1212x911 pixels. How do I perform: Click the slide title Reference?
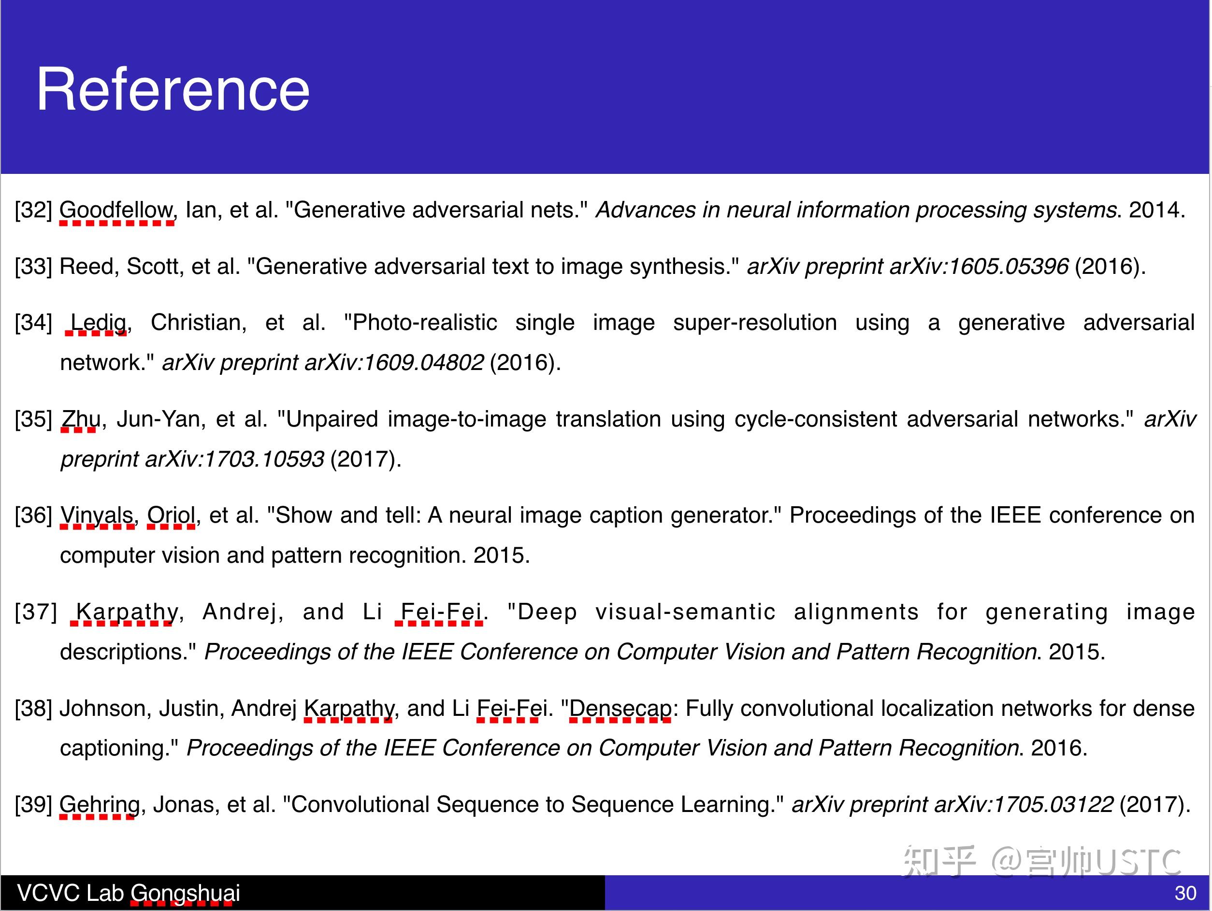coord(173,89)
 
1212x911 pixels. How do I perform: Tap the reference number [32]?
coord(33,210)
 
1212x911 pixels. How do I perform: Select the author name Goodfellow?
coord(116,210)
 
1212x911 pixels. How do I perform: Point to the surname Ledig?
coord(99,323)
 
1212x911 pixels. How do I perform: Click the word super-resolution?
coord(755,323)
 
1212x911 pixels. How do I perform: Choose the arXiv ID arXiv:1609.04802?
coord(394,363)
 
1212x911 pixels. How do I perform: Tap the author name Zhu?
coord(81,419)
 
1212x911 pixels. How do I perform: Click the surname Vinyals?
coord(97,515)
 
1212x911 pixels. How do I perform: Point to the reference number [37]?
coord(36,612)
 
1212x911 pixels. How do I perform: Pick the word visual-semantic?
coord(685,612)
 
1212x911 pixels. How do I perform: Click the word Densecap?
coord(620,709)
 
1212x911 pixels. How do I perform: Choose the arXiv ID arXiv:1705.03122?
coord(1024,805)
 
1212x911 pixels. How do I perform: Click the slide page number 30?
coord(1185,894)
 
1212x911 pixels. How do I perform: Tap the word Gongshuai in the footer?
coord(185,894)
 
